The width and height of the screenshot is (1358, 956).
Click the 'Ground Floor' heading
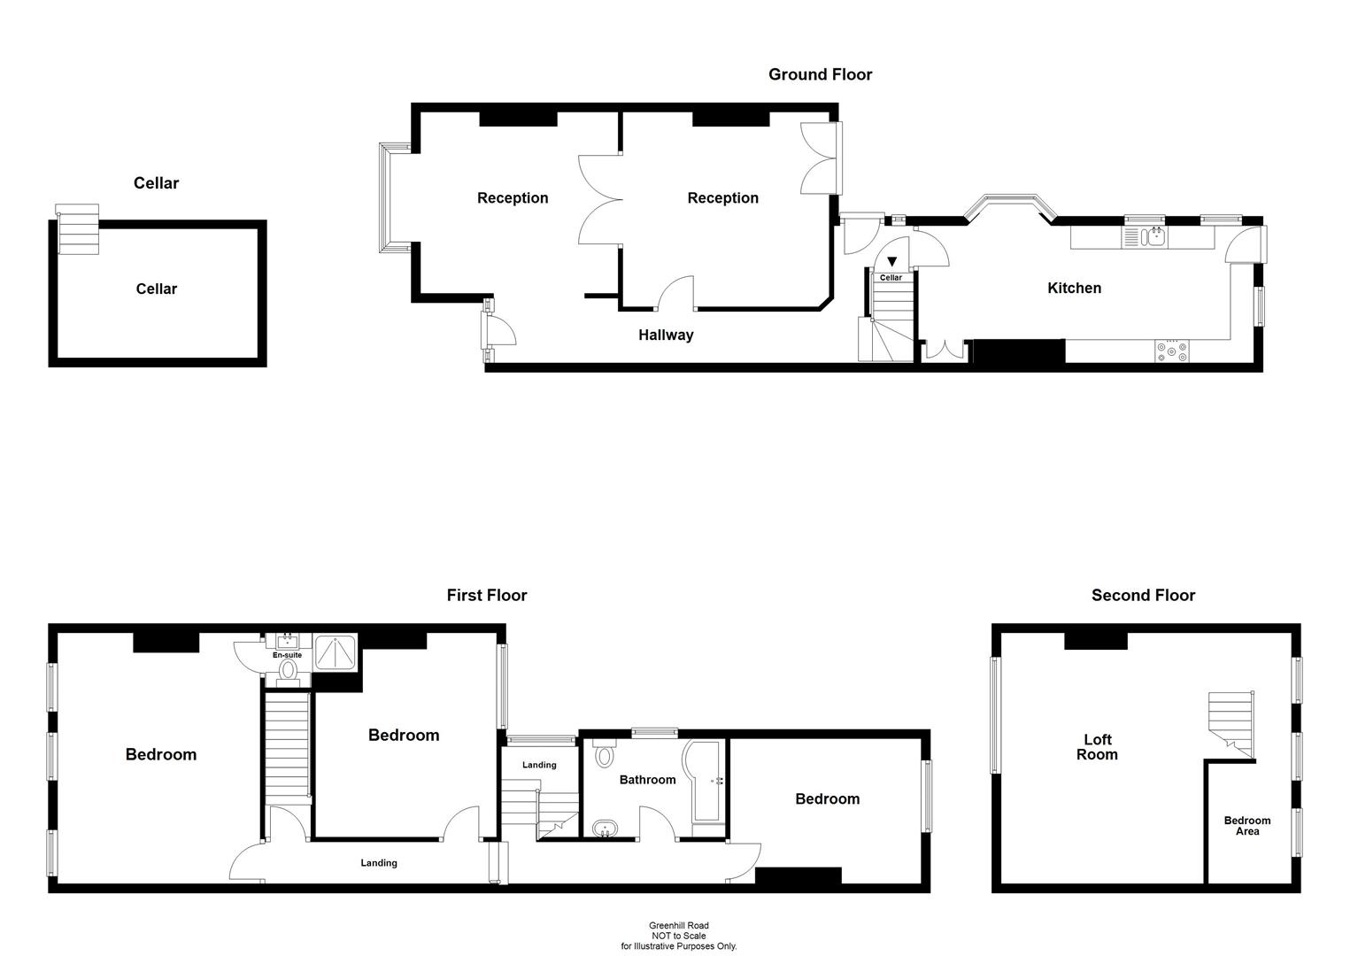(x=820, y=75)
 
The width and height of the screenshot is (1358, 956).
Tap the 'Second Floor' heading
(x=1143, y=596)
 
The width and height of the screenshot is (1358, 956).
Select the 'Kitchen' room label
(x=1074, y=288)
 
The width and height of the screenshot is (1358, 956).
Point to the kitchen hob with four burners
(x=1172, y=351)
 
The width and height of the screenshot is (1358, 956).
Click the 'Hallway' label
(x=666, y=335)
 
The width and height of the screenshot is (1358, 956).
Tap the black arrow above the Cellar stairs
(x=891, y=262)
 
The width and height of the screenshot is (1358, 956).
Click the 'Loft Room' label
(x=1097, y=747)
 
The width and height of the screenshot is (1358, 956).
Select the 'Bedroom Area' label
(x=1246, y=826)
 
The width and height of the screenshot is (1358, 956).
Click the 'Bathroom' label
(x=647, y=780)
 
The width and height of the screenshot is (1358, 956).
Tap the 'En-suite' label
(x=287, y=655)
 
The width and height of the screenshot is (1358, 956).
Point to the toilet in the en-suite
(x=287, y=672)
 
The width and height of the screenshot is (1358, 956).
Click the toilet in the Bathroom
(x=606, y=754)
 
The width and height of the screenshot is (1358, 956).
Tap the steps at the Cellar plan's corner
(x=77, y=229)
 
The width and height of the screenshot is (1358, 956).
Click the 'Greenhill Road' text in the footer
(x=678, y=926)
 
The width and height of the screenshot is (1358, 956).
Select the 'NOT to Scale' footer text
(x=678, y=936)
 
